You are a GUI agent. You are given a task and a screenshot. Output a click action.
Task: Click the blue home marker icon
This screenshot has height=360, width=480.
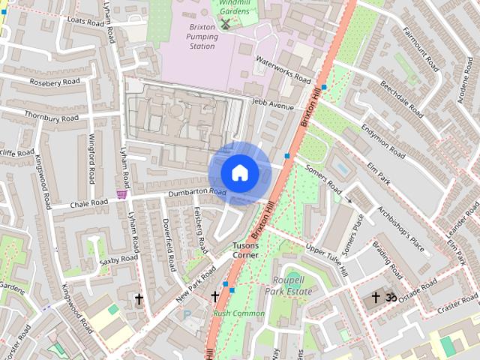click(239, 173)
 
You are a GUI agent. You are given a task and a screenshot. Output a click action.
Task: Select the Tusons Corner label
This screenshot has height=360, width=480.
click(245, 250)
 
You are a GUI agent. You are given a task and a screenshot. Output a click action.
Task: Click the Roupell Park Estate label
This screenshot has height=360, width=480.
click(287, 286)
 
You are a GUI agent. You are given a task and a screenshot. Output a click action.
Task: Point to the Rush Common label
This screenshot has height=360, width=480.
click(238, 313)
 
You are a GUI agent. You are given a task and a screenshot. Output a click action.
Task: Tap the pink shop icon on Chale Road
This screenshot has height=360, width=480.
click(121, 193)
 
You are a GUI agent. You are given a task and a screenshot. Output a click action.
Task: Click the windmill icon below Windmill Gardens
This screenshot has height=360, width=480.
click(225, 24)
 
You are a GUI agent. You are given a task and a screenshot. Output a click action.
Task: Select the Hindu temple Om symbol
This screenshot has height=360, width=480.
click(389, 298)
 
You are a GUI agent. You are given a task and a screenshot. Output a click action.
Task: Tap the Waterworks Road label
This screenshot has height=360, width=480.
click(283, 70)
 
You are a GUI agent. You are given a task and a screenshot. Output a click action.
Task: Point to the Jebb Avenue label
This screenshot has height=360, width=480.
click(273, 104)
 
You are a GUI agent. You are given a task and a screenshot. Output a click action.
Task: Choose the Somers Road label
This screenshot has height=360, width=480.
click(323, 178)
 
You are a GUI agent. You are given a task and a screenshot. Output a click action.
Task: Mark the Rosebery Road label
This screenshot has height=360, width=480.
click(55, 81)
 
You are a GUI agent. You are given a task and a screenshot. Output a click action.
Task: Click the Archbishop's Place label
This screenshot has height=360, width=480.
click(401, 229)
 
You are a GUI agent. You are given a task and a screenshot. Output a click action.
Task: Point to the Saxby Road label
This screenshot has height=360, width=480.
click(119, 259)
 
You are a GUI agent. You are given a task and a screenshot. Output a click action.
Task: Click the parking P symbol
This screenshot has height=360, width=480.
click(187, 316)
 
